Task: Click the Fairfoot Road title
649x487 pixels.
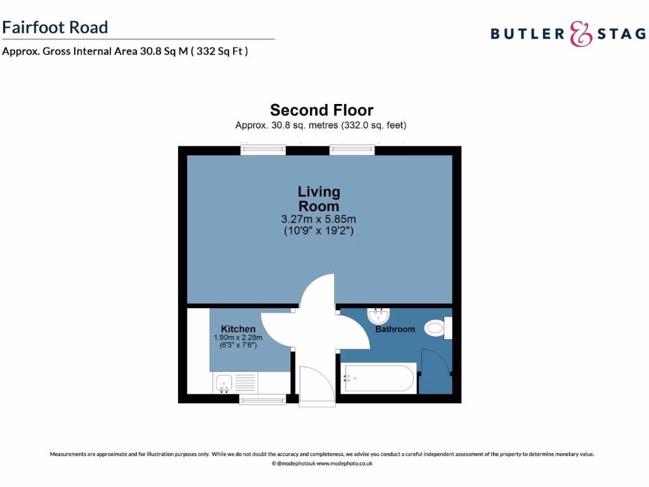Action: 55,27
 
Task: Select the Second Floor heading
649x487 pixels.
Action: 321,110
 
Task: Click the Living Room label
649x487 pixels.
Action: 319,198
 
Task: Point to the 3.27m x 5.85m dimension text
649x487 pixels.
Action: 319,219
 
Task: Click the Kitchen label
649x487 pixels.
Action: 238,328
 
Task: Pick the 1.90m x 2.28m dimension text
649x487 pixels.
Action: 238,337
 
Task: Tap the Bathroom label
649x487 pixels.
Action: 395,329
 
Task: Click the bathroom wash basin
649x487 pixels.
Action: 379,315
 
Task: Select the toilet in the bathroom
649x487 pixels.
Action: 437,327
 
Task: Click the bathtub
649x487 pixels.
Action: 378,379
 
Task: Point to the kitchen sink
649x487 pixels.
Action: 223,383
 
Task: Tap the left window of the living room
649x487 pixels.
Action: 263,150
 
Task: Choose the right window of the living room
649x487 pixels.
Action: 352,150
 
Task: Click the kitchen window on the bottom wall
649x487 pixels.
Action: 262,399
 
